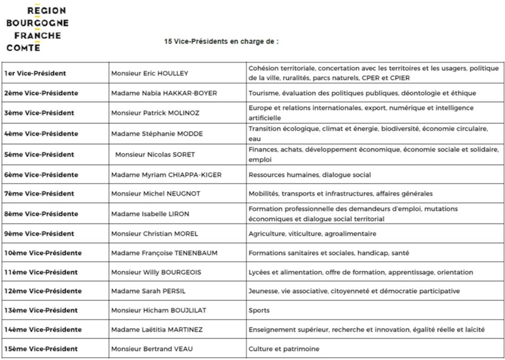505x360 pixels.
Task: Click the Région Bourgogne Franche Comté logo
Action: point(37,29)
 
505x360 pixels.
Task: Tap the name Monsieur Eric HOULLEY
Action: point(150,73)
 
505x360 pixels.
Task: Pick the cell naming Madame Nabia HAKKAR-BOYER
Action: point(164,93)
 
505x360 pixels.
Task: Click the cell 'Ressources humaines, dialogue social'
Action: point(309,175)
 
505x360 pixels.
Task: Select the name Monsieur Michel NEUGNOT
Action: point(155,194)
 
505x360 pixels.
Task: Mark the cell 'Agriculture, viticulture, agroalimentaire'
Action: point(312,234)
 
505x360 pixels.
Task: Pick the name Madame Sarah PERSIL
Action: point(148,291)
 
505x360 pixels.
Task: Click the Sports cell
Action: point(259,310)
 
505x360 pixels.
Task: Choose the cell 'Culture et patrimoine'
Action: point(283,349)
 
